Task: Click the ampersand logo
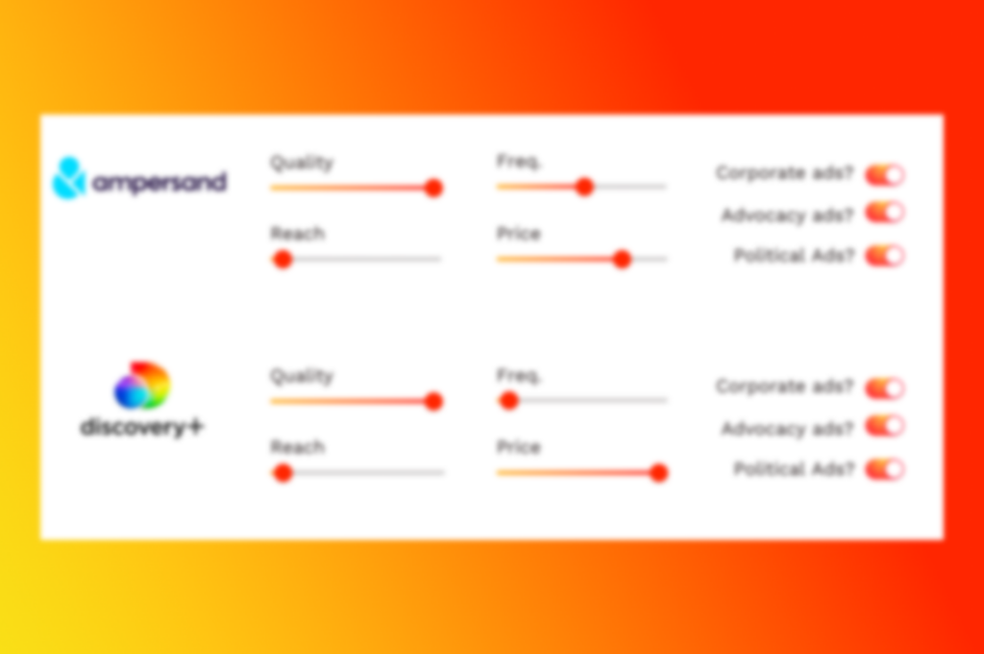point(139,179)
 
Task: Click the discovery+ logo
point(142,399)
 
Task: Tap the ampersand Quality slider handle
point(433,188)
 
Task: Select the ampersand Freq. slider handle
point(584,187)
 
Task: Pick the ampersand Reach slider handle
point(283,259)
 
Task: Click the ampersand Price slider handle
point(622,259)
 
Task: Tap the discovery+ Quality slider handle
point(433,401)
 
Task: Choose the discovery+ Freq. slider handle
point(509,400)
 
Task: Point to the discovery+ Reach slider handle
point(283,472)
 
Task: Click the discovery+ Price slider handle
point(658,472)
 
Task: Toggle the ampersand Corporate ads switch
point(885,175)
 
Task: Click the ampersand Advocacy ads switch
point(885,213)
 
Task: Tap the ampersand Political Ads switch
point(885,256)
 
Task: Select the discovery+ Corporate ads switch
point(885,389)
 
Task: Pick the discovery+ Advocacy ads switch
point(885,427)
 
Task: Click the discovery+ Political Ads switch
point(885,469)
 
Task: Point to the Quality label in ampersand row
point(301,163)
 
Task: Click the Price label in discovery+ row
point(518,447)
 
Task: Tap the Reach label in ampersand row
point(298,234)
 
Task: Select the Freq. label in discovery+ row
point(518,376)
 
